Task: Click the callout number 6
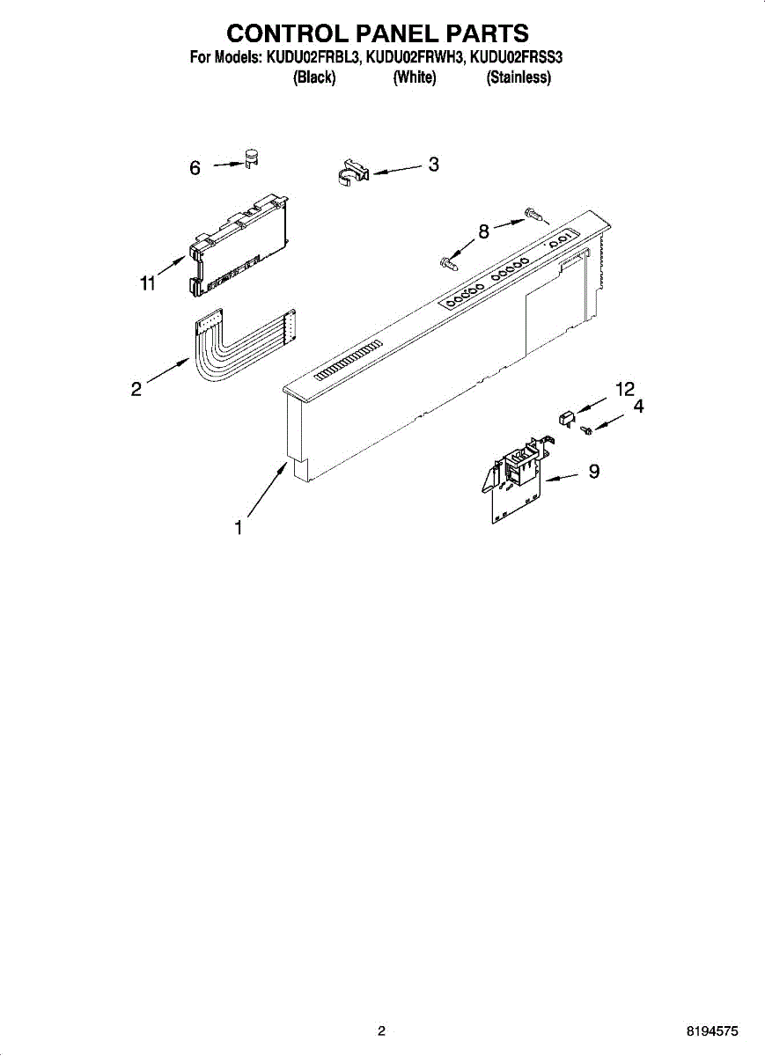195,167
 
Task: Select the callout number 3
433,164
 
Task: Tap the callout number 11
147,282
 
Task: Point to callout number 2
136,388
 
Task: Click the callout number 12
624,389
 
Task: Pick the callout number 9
594,472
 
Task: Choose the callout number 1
238,528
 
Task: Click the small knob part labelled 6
252,159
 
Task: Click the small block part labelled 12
567,414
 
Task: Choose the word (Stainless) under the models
519,77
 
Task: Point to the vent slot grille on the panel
348,361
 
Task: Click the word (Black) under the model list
314,77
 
